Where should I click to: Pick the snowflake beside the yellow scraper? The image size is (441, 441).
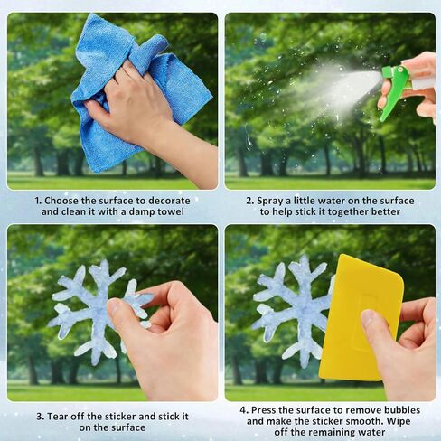click(298, 310)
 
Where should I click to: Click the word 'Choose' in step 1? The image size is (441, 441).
click(62, 201)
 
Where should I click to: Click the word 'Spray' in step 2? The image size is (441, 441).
click(270, 201)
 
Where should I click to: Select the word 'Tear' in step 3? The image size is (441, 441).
click(58, 417)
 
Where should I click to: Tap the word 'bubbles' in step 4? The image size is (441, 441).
click(401, 410)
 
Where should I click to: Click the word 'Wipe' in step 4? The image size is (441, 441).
click(399, 421)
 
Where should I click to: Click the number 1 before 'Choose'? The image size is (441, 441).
click(37, 201)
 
